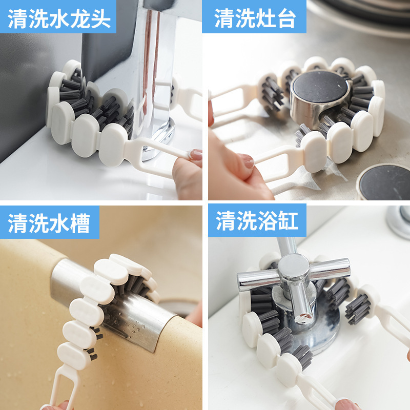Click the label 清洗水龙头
59,18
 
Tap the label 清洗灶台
255,18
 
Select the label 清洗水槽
49,223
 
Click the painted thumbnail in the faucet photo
196,154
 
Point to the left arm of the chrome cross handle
258,280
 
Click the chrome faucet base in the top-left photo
159,138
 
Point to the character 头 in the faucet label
100,18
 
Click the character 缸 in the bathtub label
288,221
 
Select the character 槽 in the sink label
80,223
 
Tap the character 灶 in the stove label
265,18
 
